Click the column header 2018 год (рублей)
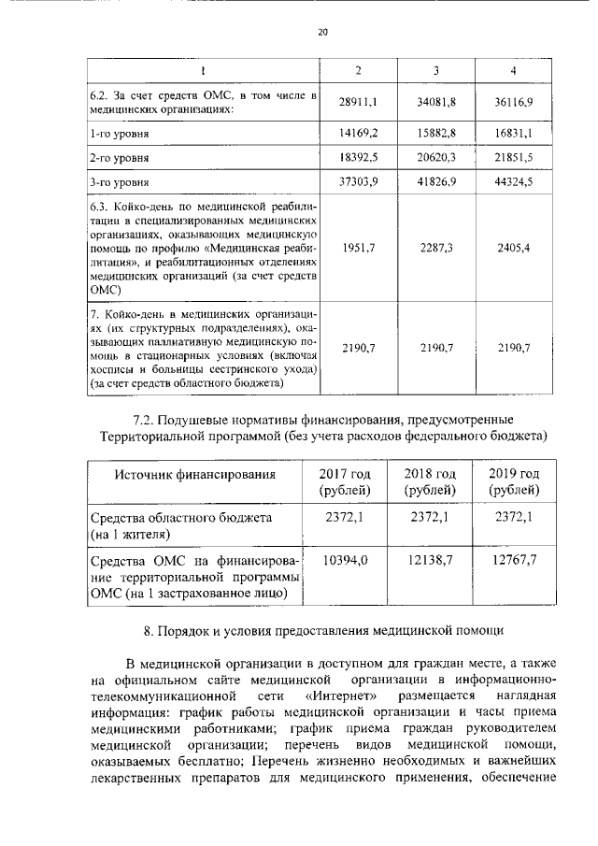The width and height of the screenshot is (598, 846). pos(430,481)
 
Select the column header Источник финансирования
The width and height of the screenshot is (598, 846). pos(194,474)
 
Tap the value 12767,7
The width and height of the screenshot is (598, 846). pos(515,559)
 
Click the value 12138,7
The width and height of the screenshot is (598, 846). pos(430,559)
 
